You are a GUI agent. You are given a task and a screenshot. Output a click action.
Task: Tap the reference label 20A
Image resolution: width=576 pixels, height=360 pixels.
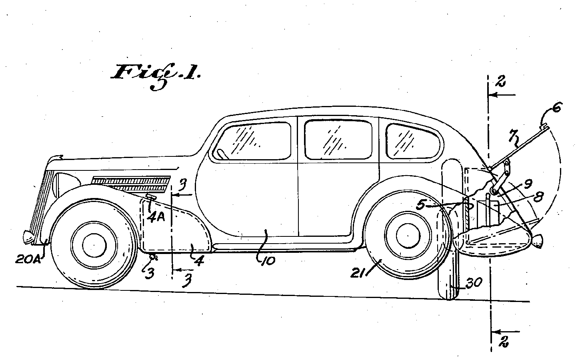(28, 259)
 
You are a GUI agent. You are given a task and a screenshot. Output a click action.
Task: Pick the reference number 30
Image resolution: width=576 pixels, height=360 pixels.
(474, 282)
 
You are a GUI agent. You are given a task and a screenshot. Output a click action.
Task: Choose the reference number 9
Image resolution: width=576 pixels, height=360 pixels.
(528, 184)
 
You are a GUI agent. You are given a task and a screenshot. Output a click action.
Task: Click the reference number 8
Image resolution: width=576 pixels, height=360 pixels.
(538, 197)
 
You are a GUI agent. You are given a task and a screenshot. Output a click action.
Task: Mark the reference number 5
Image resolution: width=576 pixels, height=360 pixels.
(421, 205)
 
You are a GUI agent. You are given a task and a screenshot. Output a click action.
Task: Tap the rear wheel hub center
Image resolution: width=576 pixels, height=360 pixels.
(408, 236)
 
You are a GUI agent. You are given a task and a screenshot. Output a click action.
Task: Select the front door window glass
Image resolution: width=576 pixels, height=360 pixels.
(252, 141)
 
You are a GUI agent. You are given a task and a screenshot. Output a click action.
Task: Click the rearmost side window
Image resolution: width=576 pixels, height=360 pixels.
(414, 142)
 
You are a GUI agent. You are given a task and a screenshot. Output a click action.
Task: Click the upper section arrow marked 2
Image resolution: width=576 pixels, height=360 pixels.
(502, 95)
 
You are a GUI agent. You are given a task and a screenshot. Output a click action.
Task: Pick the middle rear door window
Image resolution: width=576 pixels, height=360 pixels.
(338, 139)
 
